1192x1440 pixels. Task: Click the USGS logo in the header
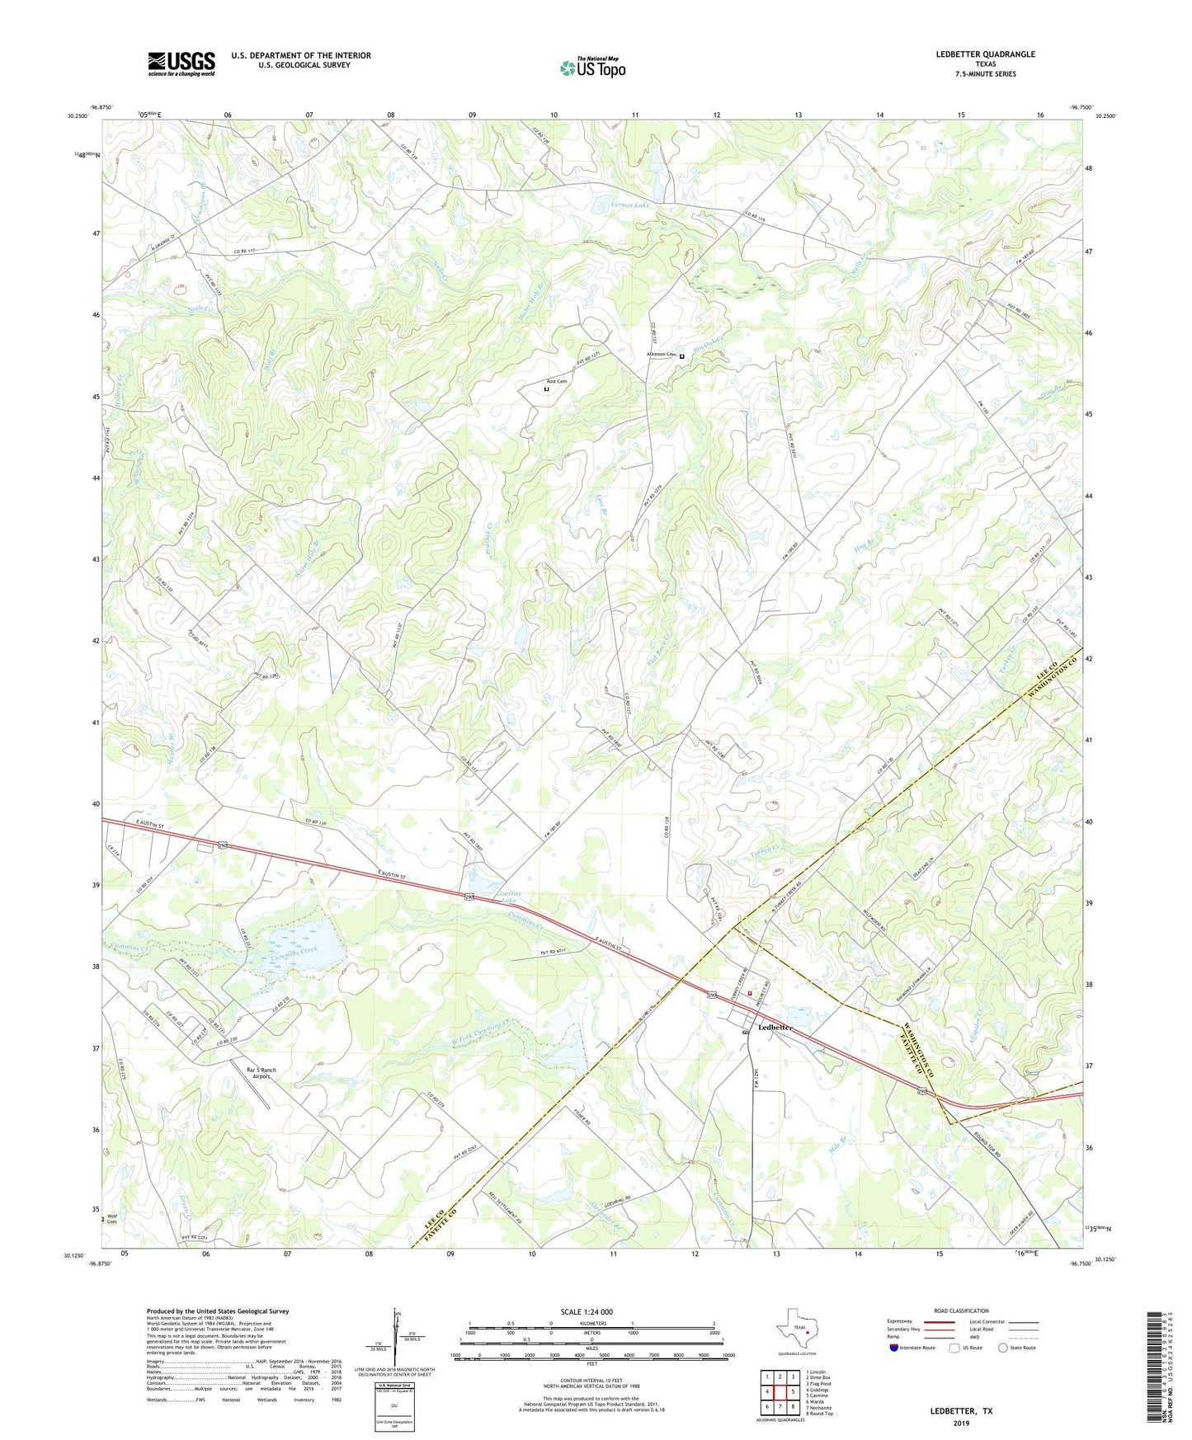(181, 63)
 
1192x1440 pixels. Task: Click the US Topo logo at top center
(592, 68)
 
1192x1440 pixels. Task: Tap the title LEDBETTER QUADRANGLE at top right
(985, 54)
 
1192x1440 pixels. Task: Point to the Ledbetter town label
(775, 1028)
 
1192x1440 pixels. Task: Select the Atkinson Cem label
(661, 355)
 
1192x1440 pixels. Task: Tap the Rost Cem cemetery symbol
(546, 390)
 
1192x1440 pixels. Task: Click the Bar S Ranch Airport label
(261, 1073)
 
